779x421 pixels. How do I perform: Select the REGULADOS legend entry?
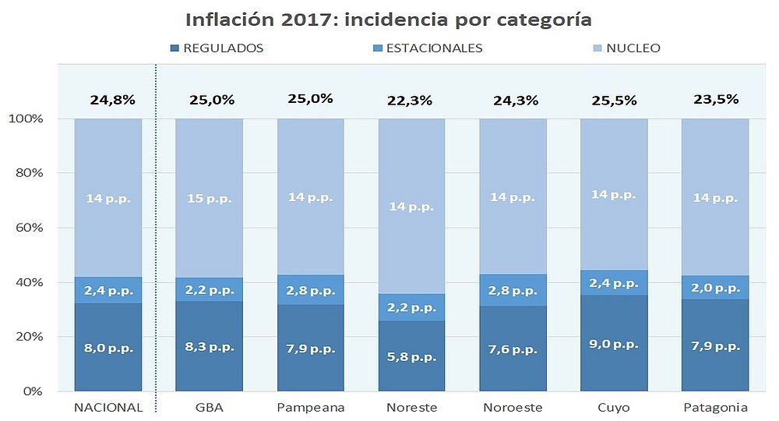click(222, 48)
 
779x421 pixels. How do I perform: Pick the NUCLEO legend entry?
click(633, 48)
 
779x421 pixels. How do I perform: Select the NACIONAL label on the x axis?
click(108, 407)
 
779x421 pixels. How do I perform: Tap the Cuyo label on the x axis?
click(615, 407)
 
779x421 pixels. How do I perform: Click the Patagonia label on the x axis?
click(715, 407)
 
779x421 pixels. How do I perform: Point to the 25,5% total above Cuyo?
click(615, 101)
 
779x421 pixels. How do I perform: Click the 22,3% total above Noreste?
click(412, 101)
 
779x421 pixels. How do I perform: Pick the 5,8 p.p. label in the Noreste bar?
click(412, 357)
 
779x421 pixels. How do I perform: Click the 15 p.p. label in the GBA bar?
click(209, 198)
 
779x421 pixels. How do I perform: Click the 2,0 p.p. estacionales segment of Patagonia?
click(715, 288)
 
